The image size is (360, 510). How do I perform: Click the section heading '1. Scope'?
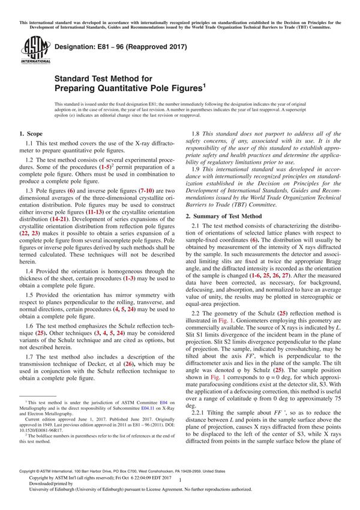coord(31,133)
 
